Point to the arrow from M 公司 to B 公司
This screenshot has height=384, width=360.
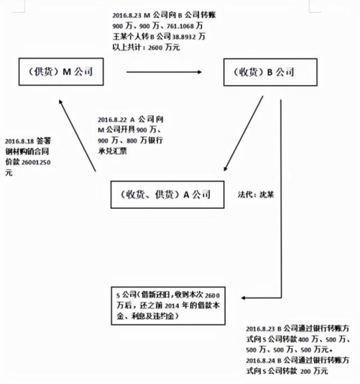[164, 72]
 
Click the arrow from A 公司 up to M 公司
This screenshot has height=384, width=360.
[77, 136]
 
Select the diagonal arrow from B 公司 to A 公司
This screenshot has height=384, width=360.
[243, 134]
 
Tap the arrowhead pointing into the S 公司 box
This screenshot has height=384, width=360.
[243, 298]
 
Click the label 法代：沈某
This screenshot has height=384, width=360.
[255, 195]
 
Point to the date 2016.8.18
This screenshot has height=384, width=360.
[19, 141]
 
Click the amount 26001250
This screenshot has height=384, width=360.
[36, 162]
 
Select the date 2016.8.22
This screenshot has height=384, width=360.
[112, 120]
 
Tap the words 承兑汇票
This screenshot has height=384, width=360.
[113, 151]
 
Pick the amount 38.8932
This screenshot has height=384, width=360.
[184, 37]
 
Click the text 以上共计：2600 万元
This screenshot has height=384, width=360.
[146, 47]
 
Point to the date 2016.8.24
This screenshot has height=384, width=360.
[260, 360]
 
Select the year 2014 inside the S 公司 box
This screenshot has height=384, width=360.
[172, 306]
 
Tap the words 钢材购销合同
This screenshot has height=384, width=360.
[27, 152]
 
